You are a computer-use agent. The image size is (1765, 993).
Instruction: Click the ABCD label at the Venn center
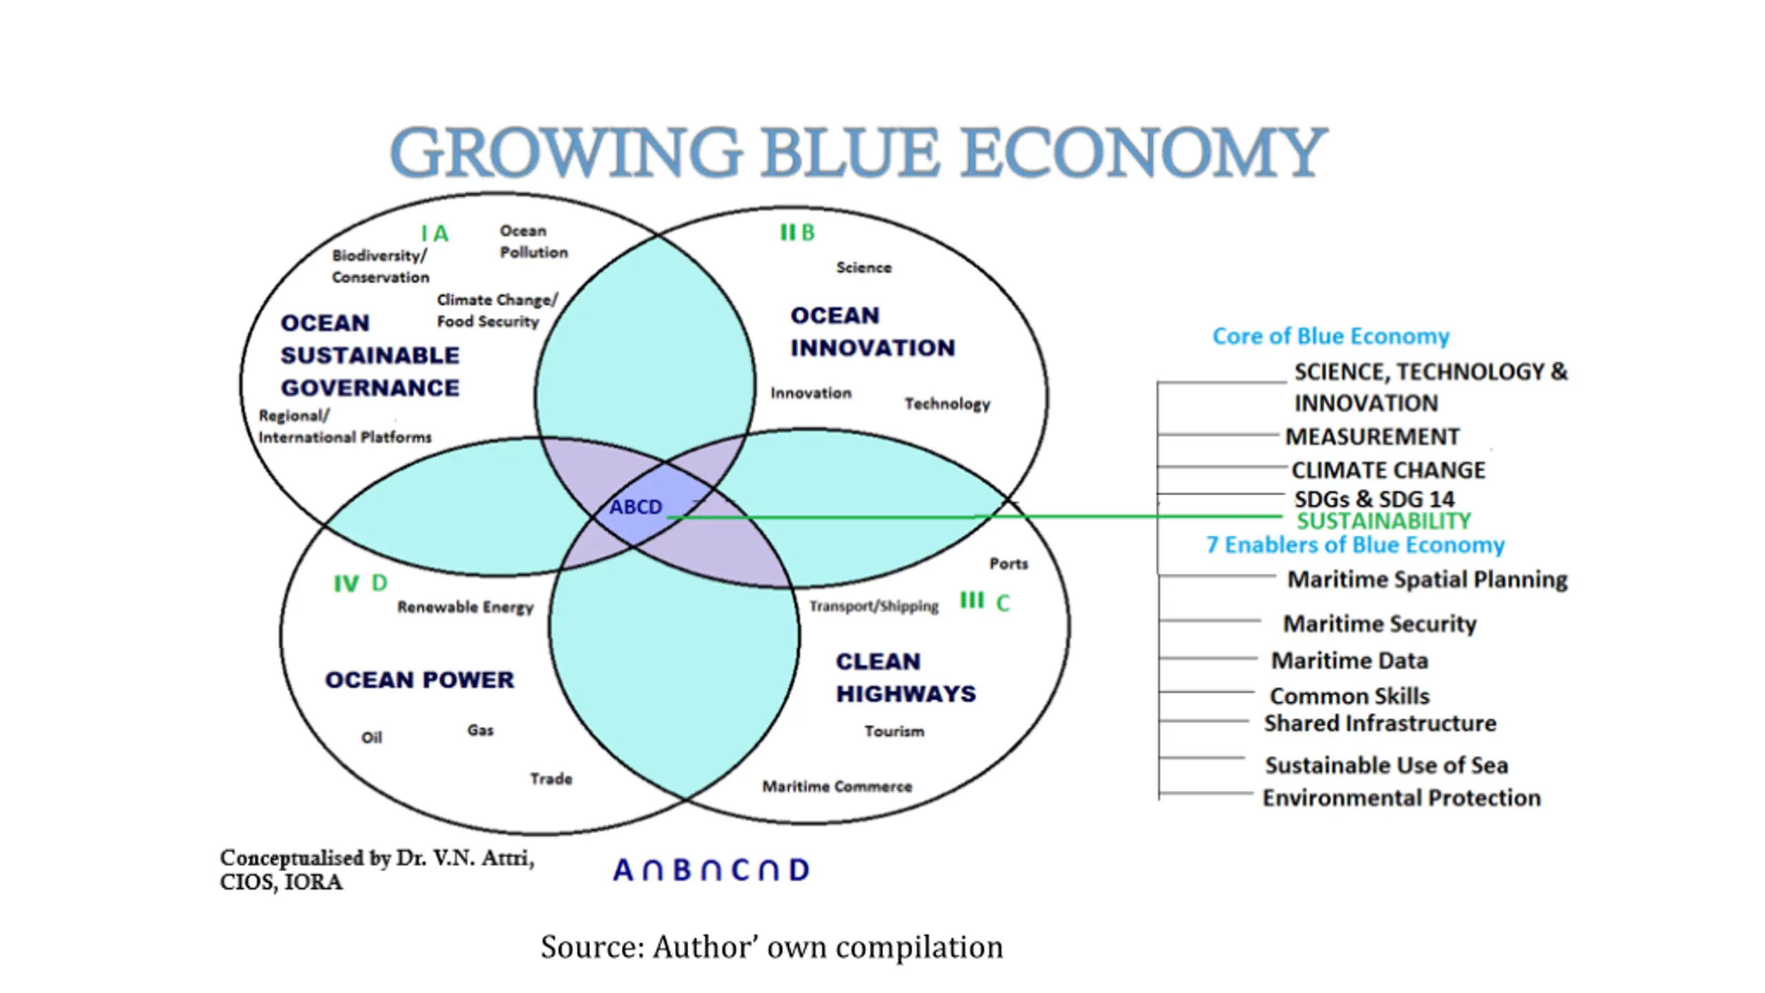tap(635, 507)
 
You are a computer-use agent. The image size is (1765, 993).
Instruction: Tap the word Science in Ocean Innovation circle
tap(863, 268)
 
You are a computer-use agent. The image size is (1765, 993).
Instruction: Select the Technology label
tap(947, 403)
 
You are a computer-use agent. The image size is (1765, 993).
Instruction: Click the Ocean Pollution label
tap(533, 241)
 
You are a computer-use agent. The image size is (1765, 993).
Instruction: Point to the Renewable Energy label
tap(465, 607)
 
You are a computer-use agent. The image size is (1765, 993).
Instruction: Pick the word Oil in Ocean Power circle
tap(372, 738)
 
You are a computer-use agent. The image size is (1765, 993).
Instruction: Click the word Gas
tap(480, 730)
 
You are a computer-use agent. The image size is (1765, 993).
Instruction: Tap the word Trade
tap(551, 779)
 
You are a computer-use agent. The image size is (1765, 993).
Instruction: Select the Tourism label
tap(894, 731)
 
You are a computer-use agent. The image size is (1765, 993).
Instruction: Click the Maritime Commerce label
tap(836, 786)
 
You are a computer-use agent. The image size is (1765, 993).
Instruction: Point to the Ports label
tap(1008, 563)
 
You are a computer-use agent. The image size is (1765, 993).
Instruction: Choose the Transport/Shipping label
tap(874, 606)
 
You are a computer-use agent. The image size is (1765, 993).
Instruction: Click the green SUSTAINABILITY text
tap(1383, 521)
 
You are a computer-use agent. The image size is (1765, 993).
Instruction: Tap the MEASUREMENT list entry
tap(1372, 437)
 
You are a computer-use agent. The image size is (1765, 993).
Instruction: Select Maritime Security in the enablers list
tap(1379, 623)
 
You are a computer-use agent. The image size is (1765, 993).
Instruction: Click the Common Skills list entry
tap(1349, 696)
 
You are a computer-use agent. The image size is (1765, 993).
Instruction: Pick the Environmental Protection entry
tap(1401, 798)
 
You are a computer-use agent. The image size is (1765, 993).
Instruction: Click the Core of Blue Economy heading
tap(1331, 336)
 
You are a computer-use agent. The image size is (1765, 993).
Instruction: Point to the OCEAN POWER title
tap(419, 680)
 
